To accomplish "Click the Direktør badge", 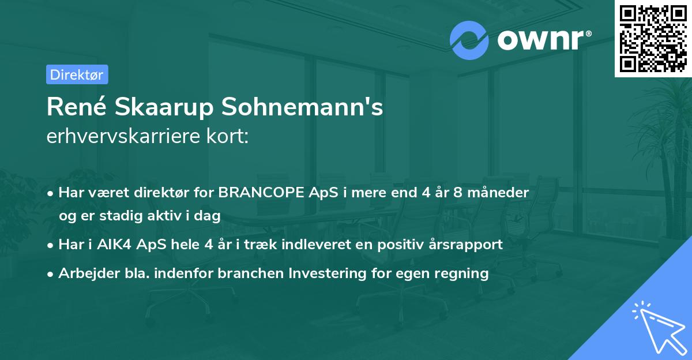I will [77, 74].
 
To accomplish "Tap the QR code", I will [653, 38].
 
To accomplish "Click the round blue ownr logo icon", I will [469, 40].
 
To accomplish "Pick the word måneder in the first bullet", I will [500, 193].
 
